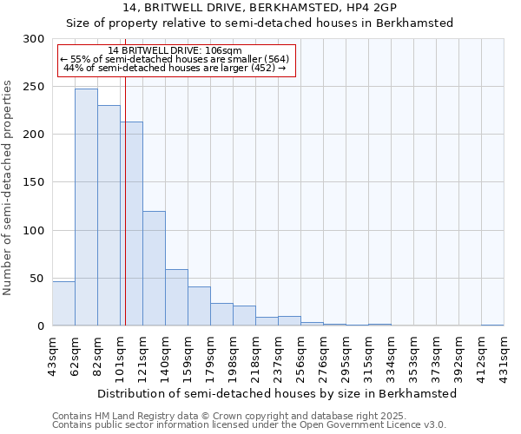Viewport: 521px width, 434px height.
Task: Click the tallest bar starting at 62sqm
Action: [x=86, y=207]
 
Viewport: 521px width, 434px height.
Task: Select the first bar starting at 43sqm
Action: [x=63, y=304]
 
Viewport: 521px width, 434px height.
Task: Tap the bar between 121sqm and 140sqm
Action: [x=154, y=268]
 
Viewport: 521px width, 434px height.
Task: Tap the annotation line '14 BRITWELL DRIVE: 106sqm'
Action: [x=175, y=50]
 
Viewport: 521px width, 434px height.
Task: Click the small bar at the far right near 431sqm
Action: [x=492, y=325]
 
